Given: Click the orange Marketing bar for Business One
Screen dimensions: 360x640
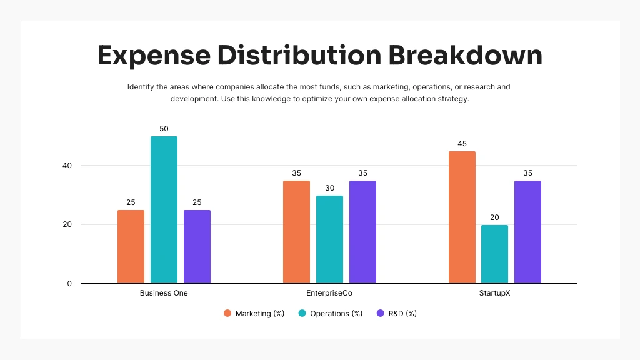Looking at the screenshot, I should point(131,246).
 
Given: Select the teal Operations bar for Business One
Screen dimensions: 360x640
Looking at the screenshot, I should point(164,210).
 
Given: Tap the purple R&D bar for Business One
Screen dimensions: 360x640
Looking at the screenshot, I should point(197,246).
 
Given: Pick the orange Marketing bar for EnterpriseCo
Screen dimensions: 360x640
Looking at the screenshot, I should point(296,232).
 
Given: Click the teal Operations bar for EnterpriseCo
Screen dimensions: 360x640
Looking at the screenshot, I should point(329,239).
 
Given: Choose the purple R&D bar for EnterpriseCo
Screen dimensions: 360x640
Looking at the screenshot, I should point(362,232).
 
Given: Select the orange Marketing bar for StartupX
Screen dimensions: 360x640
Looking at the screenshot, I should point(462,217).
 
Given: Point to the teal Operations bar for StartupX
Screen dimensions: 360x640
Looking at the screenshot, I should point(494,254).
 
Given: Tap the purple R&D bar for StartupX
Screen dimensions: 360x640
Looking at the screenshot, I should point(527,232).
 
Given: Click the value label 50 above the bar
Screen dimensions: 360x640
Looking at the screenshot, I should point(164,129).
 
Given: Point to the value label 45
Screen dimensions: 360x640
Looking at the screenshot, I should point(462,144).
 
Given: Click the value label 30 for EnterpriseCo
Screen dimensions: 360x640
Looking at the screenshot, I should point(329,188).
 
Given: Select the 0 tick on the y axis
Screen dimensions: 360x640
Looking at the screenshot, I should point(69,284).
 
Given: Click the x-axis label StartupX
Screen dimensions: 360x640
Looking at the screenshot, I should point(494,293).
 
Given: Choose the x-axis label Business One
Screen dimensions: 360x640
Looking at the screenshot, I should point(164,293).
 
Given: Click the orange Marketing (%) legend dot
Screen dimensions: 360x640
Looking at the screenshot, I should point(227,313).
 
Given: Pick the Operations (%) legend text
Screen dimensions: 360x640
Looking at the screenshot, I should point(336,314).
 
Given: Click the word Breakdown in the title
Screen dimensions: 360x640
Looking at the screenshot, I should point(466,56).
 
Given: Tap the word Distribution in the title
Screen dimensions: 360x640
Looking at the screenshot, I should point(299,56).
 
